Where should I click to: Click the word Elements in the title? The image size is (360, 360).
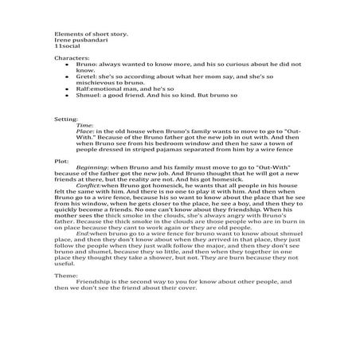tap(66, 35)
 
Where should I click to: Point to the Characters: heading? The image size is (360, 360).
tap(71, 60)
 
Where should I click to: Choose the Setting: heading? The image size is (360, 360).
tap(66, 118)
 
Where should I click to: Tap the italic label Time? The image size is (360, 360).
tap(85, 124)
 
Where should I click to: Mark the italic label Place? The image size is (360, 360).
tap(86, 131)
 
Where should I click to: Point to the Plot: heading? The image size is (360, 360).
tap(62, 160)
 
